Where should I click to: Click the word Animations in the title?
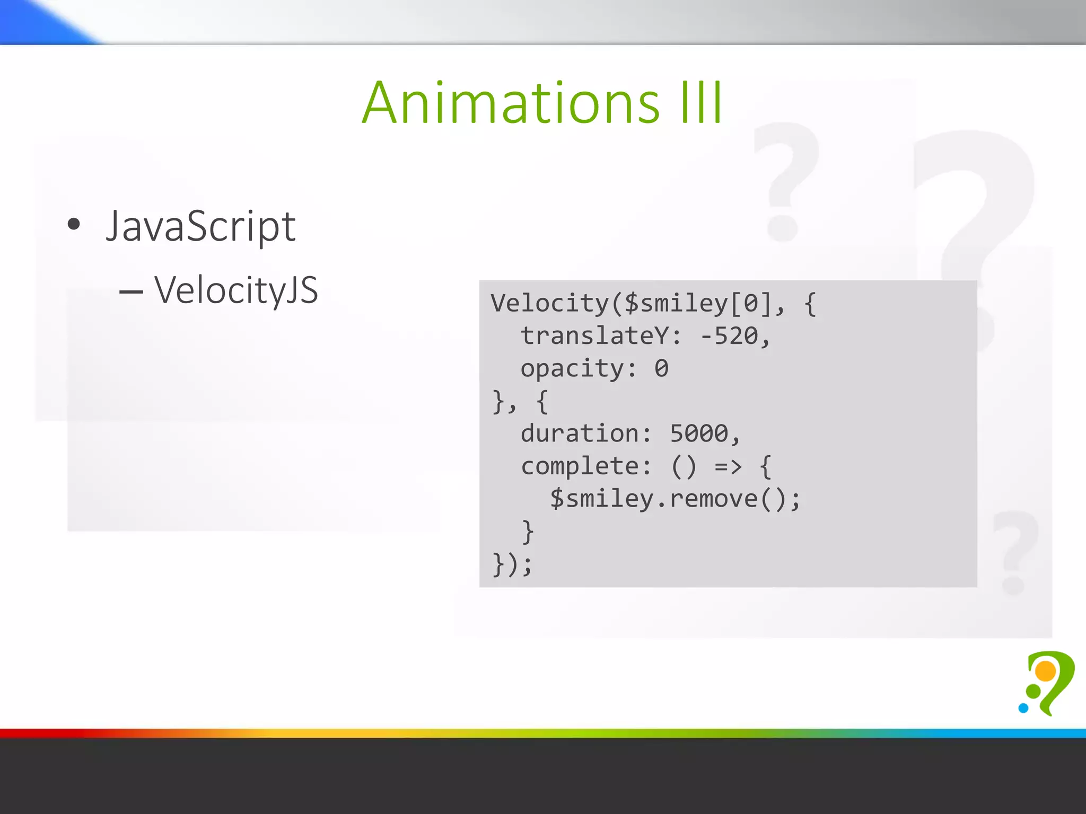click(x=511, y=103)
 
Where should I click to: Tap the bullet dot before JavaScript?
click(x=74, y=224)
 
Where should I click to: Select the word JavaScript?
click(x=200, y=227)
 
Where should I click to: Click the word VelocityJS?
click(x=236, y=290)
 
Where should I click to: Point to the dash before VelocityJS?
click(x=131, y=291)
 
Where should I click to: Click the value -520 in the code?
click(x=730, y=336)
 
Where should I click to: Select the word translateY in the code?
click(x=594, y=336)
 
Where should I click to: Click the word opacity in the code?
click(x=572, y=369)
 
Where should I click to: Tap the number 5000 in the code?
click(x=699, y=433)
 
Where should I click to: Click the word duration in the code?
click(x=580, y=433)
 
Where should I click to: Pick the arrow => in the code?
click(x=728, y=466)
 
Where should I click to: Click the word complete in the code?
click(x=580, y=466)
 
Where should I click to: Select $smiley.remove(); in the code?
click(x=675, y=499)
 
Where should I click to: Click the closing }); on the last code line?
click(x=512, y=564)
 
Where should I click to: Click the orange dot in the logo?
click(x=1045, y=671)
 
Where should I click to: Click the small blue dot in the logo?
click(x=1023, y=708)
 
